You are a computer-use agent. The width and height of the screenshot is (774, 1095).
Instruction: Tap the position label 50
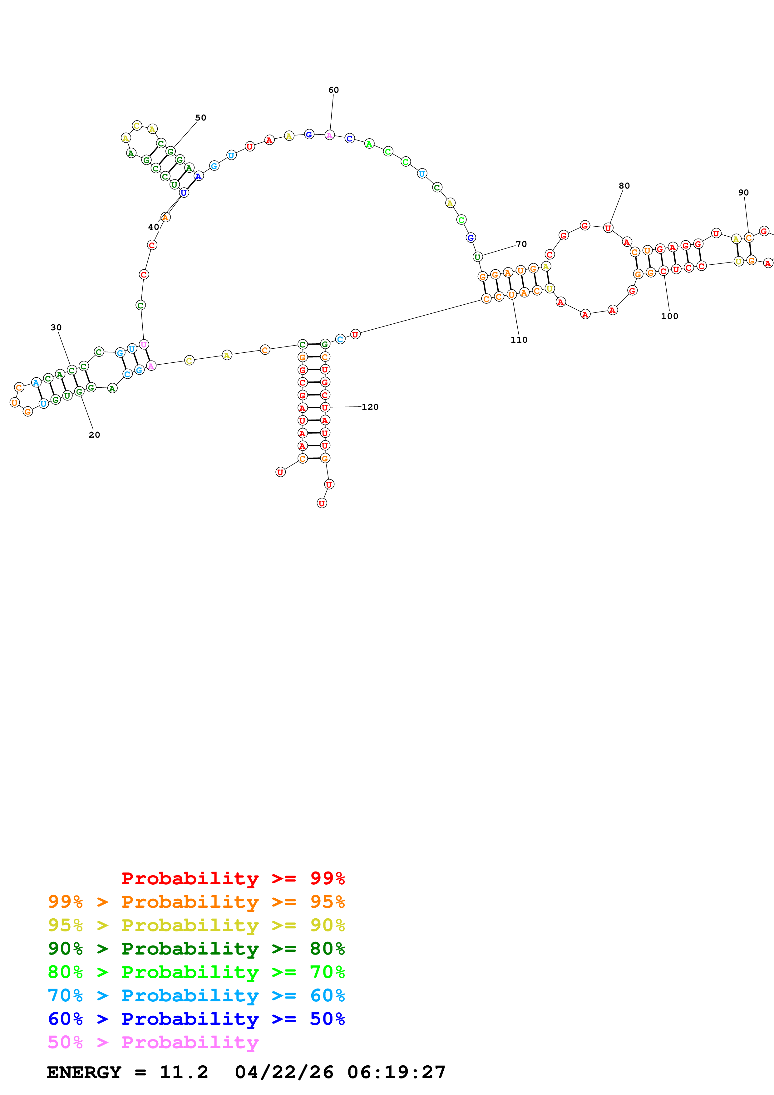(200, 117)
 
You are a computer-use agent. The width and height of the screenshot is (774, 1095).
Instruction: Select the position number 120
(370, 407)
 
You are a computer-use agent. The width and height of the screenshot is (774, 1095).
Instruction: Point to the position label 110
(519, 340)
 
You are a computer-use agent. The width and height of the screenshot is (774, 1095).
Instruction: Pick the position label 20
(94, 435)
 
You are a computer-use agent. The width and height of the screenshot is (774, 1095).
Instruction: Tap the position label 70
(521, 244)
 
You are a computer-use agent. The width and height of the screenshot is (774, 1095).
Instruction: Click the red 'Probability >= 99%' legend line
(233, 878)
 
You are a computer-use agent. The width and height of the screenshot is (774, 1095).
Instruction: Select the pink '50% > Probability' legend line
(153, 1042)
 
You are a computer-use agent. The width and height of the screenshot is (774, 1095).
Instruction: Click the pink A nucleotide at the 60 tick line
(329, 135)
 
